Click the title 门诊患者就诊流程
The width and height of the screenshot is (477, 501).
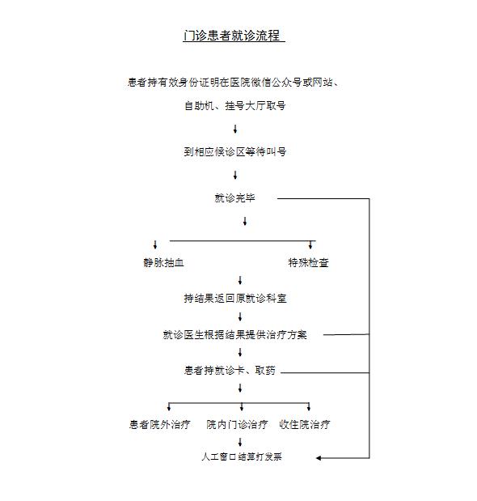tap(232, 35)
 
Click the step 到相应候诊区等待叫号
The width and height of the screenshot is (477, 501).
tap(234, 151)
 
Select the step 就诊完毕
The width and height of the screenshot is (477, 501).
tap(234, 197)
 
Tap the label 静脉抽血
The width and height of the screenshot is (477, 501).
tap(163, 263)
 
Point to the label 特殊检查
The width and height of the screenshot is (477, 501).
tap(308, 263)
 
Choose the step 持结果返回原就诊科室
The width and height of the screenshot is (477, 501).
tap(235, 299)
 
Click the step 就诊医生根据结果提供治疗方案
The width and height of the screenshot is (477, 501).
tap(234, 334)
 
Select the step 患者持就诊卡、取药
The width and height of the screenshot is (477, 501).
tap(230, 371)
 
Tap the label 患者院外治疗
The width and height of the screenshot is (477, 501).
tap(160, 424)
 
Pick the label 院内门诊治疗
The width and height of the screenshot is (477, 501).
tap(237, 424)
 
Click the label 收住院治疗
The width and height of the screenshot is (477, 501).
tap(305, 424)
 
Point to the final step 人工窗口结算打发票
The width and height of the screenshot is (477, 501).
tap(242, 456)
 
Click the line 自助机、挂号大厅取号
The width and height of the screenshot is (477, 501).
tap(234, 105)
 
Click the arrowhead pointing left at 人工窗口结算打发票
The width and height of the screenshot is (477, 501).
tap(318, 458)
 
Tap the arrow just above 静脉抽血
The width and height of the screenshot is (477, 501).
tap(155, 244)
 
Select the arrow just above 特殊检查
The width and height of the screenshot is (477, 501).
tap(310, 244)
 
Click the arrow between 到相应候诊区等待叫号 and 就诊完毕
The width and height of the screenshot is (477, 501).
tap(235, 175)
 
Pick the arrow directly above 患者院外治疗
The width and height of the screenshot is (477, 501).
tap(169, 407)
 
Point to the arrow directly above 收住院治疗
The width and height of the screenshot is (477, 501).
tap(309, 407)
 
